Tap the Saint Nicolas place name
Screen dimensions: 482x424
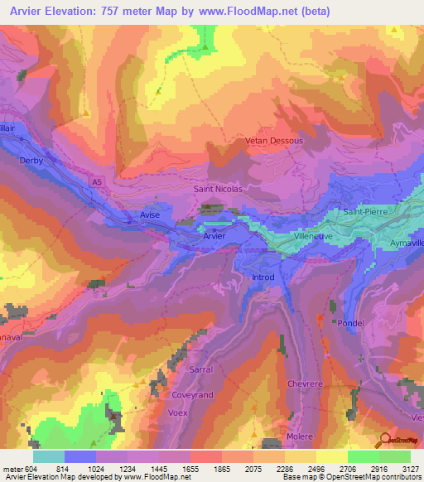[218, 189]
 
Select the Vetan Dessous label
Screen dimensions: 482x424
[274, 141]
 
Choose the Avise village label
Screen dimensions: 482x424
[149, 214]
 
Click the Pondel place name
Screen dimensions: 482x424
[352, 324]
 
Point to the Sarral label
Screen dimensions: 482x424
[201, 369]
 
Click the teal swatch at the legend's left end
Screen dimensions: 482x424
[49, 456]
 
